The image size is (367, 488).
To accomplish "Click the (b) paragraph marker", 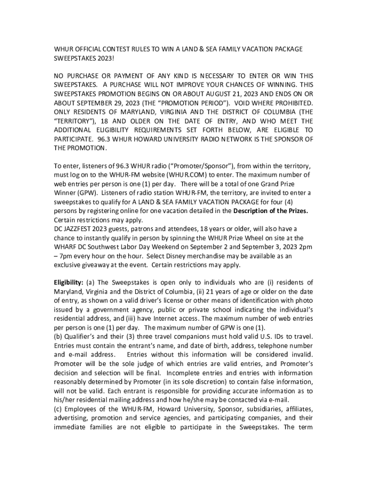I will click(58, 336).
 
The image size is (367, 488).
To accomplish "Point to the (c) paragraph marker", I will click(58, 408).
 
